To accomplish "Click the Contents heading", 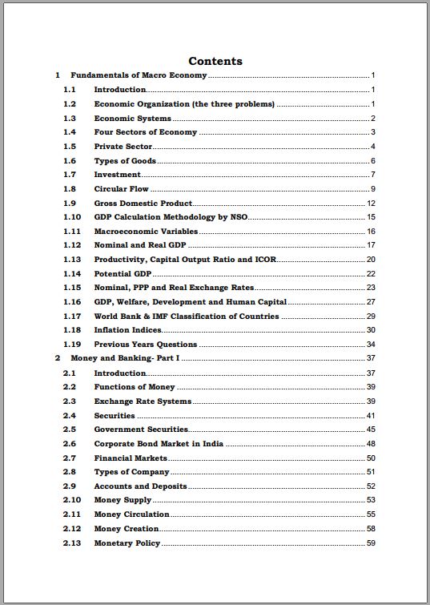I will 215,61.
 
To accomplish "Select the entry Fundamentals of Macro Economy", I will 139,75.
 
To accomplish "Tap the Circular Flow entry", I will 122,189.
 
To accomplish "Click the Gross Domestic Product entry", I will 143,204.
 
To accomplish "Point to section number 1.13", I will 72,260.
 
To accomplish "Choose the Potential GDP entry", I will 123,274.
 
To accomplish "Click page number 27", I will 371,302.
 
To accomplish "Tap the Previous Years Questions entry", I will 146,345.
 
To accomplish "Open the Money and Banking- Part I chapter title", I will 125,358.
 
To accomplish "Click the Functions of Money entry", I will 135,387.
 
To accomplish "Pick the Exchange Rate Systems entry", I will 143,401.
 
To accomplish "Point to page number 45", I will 371,430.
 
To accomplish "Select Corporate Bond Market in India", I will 159,444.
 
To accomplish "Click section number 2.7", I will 69,458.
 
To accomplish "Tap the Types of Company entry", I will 131,472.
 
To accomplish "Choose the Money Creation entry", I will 127,529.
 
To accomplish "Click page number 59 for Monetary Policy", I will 371,543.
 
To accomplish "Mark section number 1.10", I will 72,217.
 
